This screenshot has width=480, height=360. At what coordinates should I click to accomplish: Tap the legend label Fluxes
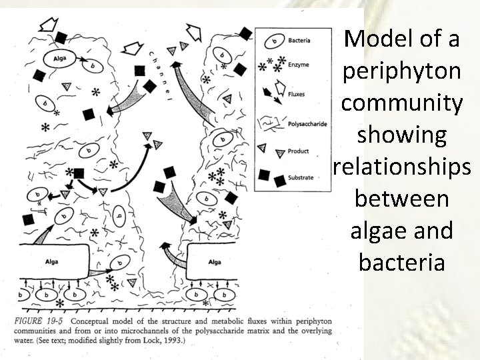pos(297,94)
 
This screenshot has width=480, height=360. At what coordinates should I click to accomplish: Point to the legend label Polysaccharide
pos(307,124)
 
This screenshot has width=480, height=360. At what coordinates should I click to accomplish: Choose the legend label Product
pos(298,151)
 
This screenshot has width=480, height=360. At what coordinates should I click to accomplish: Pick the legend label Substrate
pos(301,178)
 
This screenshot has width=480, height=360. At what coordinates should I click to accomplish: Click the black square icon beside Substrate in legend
pos(264,175)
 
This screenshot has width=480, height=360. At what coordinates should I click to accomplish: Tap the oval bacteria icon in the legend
pos(273,42)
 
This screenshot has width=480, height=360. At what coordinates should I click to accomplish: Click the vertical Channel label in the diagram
pos(160,73)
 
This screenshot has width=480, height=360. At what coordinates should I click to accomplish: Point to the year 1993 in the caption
pos(175,341)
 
